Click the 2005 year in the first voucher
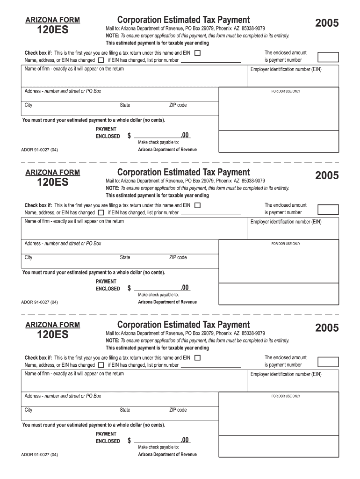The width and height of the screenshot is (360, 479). pos(327,23)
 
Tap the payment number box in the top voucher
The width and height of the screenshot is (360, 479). pos(328,57)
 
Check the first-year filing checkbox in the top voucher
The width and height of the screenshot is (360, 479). pos(197,53)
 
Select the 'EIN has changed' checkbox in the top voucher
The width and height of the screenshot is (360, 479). pos(101,60)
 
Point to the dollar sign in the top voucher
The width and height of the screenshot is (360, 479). pos(129,136)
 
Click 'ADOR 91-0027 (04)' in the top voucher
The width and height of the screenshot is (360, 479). pos(40,150)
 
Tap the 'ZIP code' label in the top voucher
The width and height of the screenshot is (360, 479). pos(178,105)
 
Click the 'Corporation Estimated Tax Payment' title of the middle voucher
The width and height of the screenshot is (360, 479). pos(183,172)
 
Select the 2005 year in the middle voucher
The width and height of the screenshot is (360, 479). pos(327,175)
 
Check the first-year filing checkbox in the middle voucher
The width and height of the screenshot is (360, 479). pos(197,205)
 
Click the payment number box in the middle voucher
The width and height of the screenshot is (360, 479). pos(328,209)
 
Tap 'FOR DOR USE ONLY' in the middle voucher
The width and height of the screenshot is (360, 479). pos(286,244)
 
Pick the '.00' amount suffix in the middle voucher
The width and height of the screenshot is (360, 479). pos(185,287)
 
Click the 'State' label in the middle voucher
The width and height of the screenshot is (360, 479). pos(125,258)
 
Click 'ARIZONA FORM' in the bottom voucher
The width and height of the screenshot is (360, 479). pos(52,325)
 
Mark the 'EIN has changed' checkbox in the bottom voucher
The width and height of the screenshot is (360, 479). pos(101,365)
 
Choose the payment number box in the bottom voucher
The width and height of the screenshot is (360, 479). pos(328,362)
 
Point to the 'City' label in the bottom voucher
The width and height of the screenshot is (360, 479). pos(29,410)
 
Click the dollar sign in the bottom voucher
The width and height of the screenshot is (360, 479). pos(129,441)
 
